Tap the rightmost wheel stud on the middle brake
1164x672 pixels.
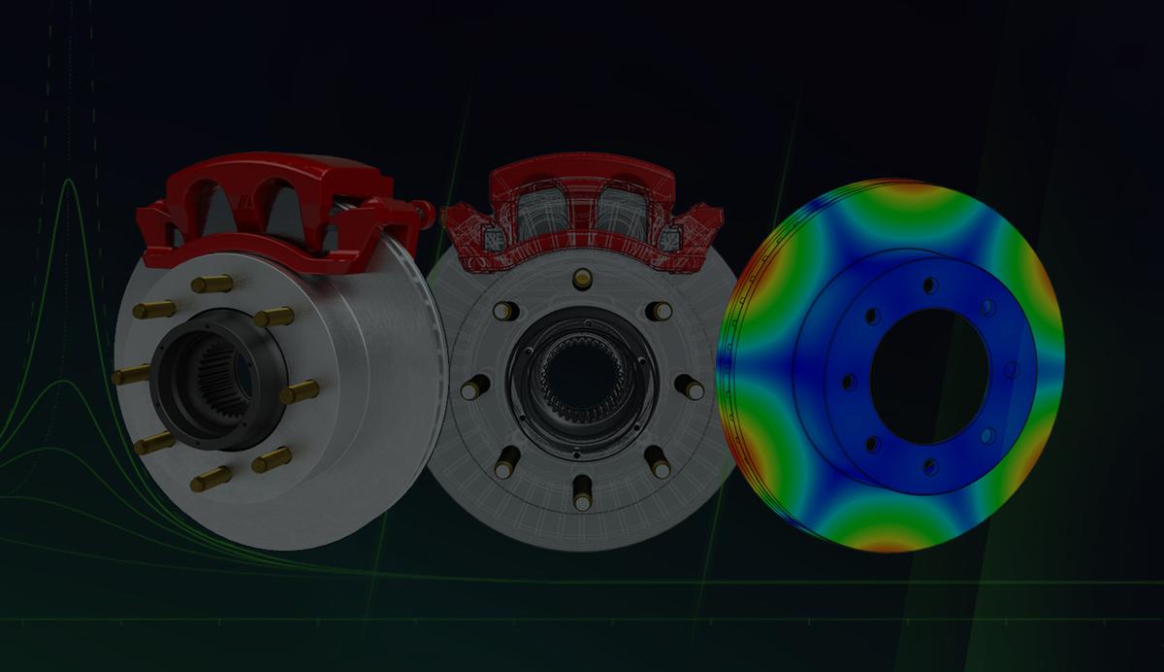coord(690,386)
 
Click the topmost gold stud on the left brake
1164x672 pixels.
coord(210,284)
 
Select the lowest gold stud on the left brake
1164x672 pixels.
coord(210,478)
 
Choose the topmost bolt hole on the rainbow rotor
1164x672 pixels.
coord(930,285)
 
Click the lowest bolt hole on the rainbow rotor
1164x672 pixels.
coord(929,466)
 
